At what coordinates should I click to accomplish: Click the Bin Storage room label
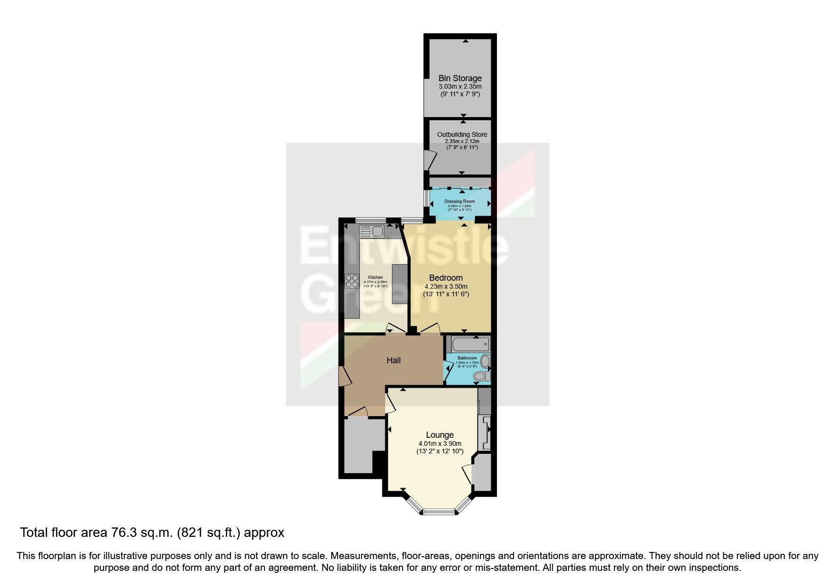point(460,78)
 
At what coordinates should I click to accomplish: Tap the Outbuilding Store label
point(462,134)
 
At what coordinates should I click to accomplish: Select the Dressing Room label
point(460,201)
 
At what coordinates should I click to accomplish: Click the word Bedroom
point(446,278)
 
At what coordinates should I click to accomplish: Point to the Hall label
point(393,360)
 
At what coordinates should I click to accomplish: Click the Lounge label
point(439,435)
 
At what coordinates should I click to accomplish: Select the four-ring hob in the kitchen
point(352,281)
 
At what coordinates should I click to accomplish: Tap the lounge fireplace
point(485,432)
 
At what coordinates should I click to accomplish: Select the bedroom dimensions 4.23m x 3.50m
point(446,286)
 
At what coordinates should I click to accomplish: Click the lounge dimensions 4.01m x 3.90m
point(439,443)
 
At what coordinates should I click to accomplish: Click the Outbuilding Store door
point(430,159)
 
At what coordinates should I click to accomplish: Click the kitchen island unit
point(400,284)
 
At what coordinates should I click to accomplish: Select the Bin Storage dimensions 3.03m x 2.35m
point(460,87)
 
